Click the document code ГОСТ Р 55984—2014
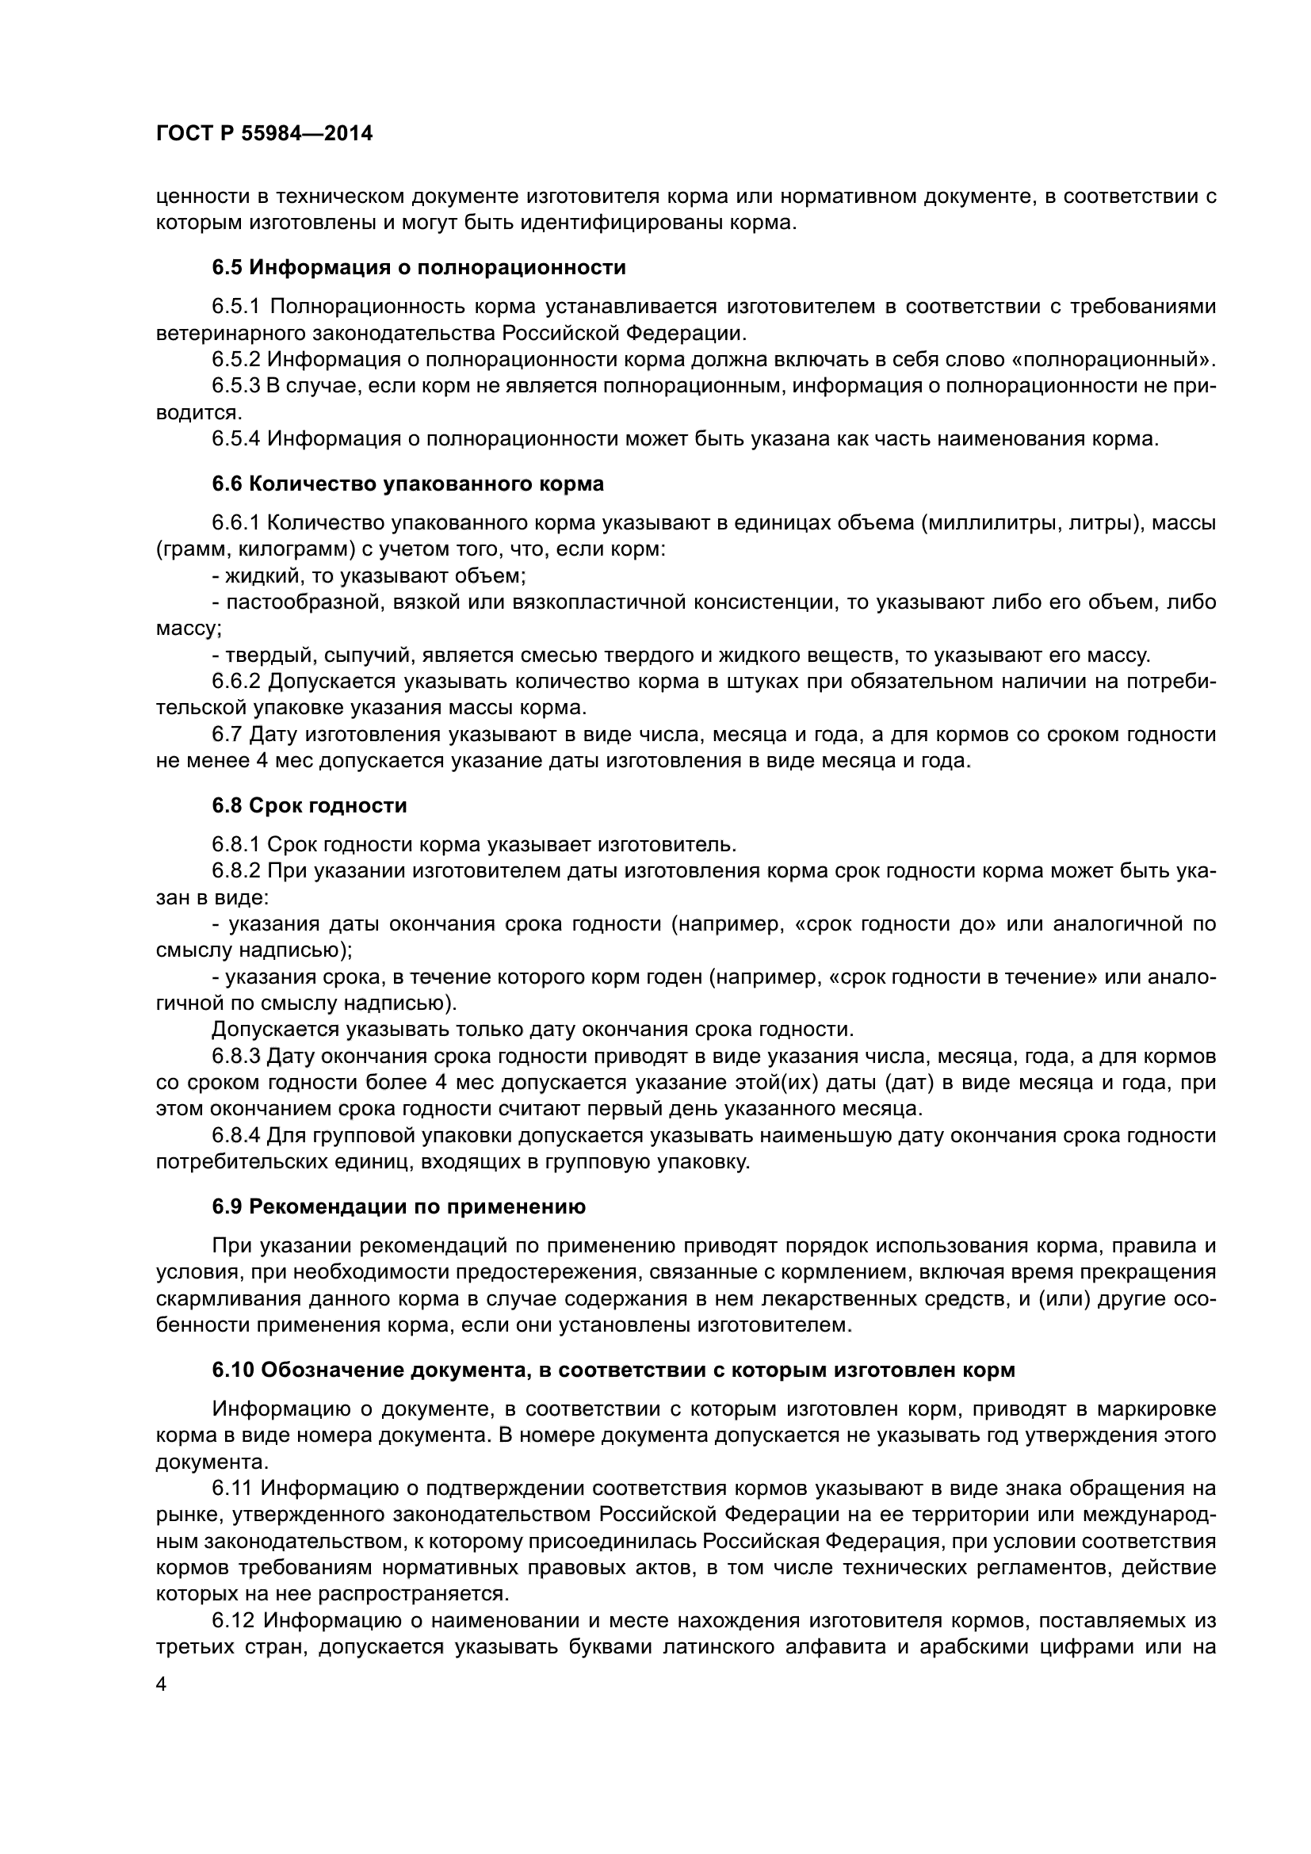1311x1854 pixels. coord(264,134)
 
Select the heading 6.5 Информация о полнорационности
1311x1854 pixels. coord(419,267)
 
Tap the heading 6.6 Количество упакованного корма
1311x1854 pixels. coord(407,484)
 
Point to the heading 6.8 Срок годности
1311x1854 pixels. coord(309,805)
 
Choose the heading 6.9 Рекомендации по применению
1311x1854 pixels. coord(399,1207)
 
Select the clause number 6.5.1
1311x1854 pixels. coord(235,307)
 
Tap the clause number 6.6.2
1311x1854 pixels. coord(235,682)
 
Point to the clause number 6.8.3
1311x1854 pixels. coord(235,1056)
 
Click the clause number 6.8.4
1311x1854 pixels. coord(235,1136)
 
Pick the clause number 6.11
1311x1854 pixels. coord(231,1489)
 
